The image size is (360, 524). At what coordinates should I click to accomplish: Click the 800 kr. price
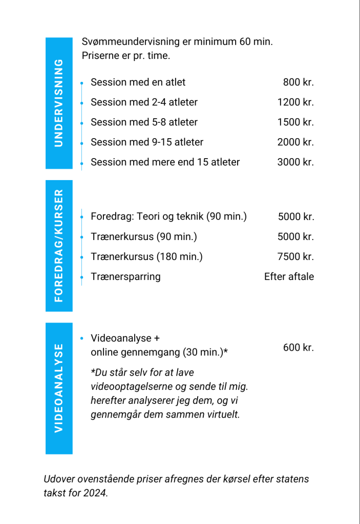[x=298, y=82]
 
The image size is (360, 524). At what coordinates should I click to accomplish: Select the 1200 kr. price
[x=295, y=102]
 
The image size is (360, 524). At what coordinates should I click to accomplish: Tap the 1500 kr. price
[x=295, y=122]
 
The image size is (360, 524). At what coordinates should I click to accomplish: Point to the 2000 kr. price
[x=295, y=142]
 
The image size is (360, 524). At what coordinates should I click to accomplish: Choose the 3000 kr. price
[x=295, y=162]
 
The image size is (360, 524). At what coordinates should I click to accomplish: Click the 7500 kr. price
[x=296, y=257]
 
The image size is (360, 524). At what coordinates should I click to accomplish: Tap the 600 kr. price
[x=298, y=347]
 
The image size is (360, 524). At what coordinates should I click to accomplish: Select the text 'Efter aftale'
[x=289, y=277]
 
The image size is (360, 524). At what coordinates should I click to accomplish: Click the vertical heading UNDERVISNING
[x=59, y=103]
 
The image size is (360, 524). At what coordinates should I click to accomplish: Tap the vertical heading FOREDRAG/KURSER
[x=59, y=246]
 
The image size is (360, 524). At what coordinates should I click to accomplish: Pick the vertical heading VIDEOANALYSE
[x=59, y=388]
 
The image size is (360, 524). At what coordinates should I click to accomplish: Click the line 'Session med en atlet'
[x=138, y=82]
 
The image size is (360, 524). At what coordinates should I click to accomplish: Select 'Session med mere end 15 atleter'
[x=165, y=162]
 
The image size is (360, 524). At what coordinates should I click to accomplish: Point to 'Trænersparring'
[x=125, y=277]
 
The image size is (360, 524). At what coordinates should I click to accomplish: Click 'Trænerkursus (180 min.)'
[x=146, y=257]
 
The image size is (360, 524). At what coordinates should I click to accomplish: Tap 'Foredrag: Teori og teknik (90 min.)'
[x=168, y=216]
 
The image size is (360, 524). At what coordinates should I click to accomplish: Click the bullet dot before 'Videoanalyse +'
[x=82, y=338]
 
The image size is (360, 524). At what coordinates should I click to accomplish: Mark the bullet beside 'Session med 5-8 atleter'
[x=82, y=122]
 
